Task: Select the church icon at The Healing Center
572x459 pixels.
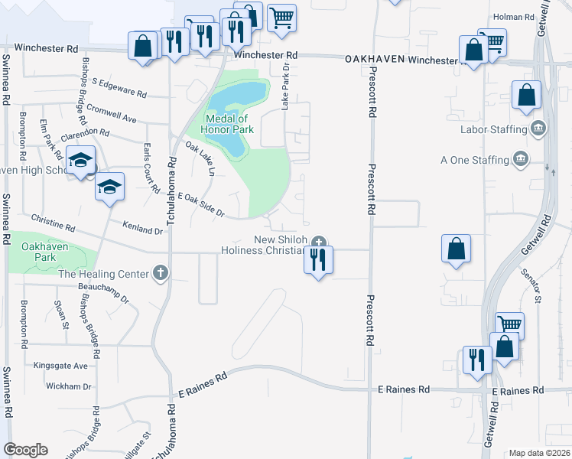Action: pyautogui.click(x=160, y=272)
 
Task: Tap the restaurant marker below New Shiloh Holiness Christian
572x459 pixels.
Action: pyautogui.click(x=319, y=260)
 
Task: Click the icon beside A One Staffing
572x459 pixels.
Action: pyautogui.click(x=521, y=160)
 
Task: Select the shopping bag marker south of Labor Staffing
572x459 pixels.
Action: pyautogui.click(x=457, y=249)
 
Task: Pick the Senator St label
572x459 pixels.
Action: pyautogui.click(x=531, y=283)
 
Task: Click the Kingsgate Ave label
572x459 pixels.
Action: pyautogui.click(x=60, y=366)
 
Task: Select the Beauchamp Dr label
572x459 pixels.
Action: pyautogui.click(x=104, y=292)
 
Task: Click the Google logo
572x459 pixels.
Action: pyautogui.click(x=25, y=450)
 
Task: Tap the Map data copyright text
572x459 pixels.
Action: pyautogui.click(x=540, y=453)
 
